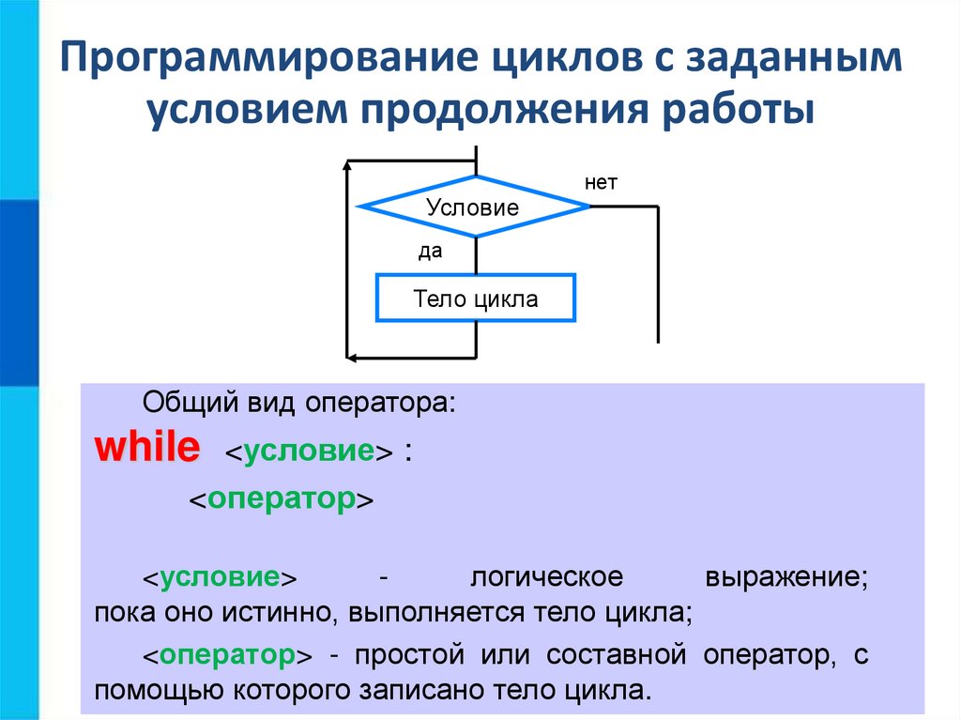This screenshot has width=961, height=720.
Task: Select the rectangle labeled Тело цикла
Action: [x=475, y=299]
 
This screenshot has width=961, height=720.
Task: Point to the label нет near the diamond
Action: [x=601, y=183]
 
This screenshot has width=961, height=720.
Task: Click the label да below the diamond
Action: [x=430, y=252]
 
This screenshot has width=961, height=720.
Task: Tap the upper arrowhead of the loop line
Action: [x=349, y=166]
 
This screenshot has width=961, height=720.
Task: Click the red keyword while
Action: [x=145, y=448]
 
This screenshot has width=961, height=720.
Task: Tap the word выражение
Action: [x=785, y=576]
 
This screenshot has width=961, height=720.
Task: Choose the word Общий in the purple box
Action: [x=185, y=406]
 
